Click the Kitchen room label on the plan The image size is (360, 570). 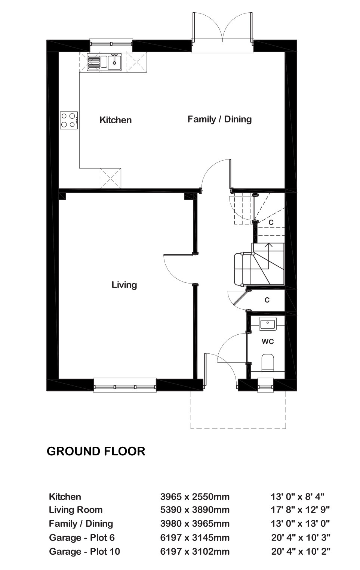click(x=116, y=120)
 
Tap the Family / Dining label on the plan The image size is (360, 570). click(x=219, y=119)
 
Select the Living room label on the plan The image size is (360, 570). click(x=124, y=285)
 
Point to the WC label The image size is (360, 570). click(x=268, y=341)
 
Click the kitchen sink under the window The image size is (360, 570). click(x=104, y=62)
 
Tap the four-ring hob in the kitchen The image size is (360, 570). click(x=69, y=120)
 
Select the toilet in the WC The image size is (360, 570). click(x=268, y=362)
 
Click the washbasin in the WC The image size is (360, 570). click(x=268, y=323)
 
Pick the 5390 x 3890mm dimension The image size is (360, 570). click(x=195, y=510)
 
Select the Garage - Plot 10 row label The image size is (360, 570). click(x=84, y=551)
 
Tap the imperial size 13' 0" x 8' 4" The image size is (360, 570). click(x=297, y=496)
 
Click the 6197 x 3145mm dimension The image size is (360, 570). click(x=195, y=538)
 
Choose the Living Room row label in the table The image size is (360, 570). click(x=76, y=510)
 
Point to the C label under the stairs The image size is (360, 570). click(x=267, y=300)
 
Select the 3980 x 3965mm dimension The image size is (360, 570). click(x=195, y=523)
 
